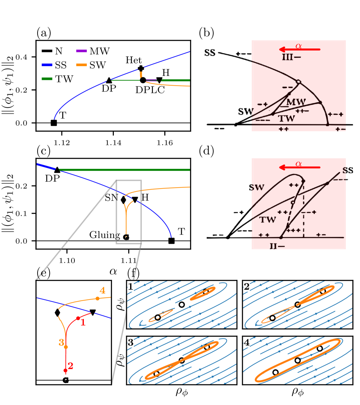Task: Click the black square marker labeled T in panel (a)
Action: pos(53,123)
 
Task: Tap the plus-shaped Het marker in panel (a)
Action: pos(141,68)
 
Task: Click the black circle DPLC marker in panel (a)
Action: pos(143,80)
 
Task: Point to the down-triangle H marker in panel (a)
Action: pos(159,80)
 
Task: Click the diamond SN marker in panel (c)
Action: pos(123,200)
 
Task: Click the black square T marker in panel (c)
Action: pos(172,241)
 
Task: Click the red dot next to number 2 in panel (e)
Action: pos(65,371)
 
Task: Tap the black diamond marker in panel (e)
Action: pos(57,313)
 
